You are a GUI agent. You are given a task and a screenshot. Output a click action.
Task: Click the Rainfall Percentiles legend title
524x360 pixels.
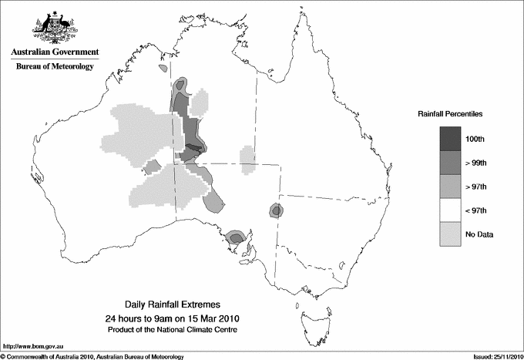(x=450, y=113)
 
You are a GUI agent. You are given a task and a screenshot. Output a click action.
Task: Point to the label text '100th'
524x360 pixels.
(x=476, y=139)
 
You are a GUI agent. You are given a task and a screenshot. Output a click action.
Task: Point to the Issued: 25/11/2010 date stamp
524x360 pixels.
(x=493, y=355)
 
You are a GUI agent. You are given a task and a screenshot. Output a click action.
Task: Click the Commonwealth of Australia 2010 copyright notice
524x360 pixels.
(x=92, y=355)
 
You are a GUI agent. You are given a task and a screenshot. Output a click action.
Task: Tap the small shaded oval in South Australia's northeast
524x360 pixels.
(x=275, y=210)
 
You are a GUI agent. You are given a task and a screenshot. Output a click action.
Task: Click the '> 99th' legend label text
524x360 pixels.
(x=476, y=163)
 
